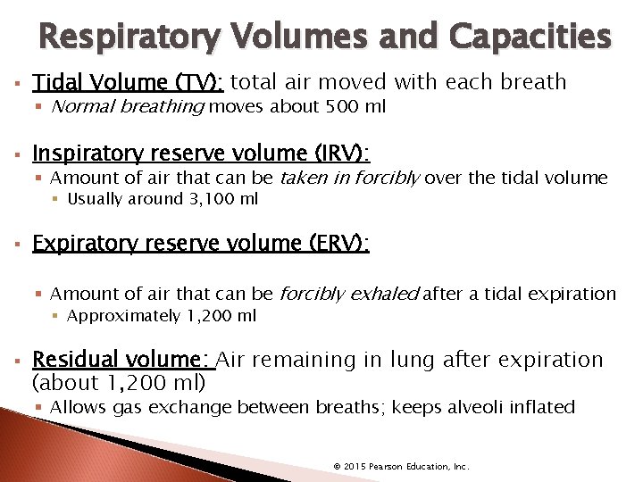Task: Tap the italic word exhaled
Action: [386, 294]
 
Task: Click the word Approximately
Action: [123, 315]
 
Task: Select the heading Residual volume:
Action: [121, 360]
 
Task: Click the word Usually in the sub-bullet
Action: [93, 198]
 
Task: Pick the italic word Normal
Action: [78, 108]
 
